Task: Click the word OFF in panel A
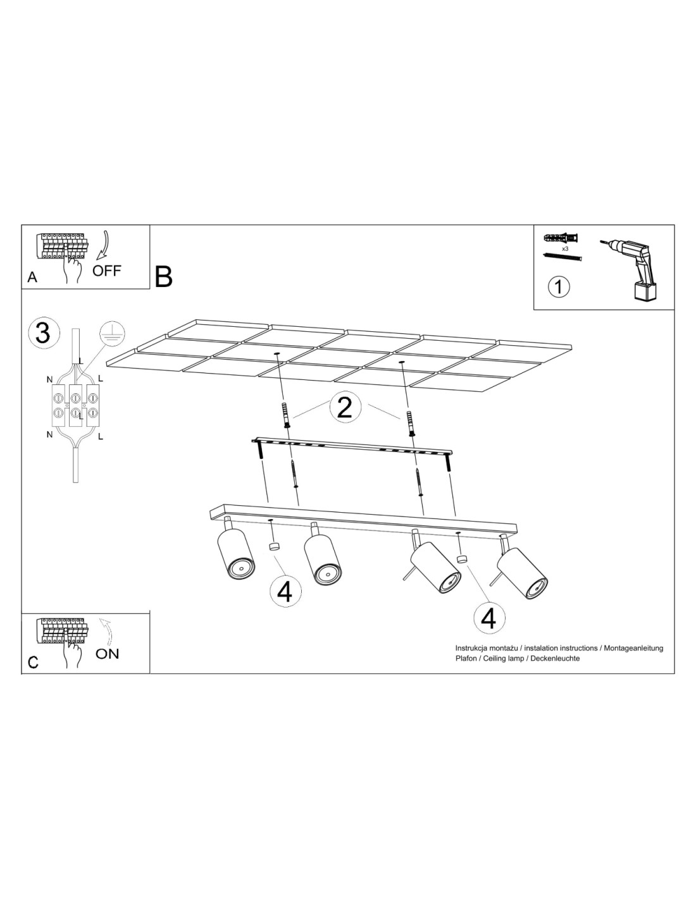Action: pos(106,271)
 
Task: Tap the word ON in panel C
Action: pos(107,654)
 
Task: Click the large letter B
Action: pos(163,277)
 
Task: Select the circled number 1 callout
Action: pos(559,286)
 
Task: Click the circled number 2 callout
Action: pos(345,407)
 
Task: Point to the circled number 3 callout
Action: pos(44,333)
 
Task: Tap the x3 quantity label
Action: pos(565,249)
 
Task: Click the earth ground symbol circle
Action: pos(113,334)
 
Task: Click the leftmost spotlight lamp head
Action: pos(234,550)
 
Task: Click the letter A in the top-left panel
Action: pos(32,277)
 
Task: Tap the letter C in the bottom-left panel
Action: pos(33,663)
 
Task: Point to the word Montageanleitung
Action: pos(633,648)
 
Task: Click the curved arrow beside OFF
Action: pos(103,247)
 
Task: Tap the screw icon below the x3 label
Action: pos(562,257)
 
